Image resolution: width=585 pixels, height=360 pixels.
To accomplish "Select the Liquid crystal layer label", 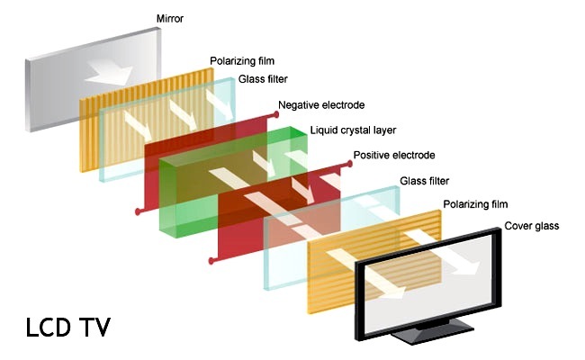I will [x=354, y=130].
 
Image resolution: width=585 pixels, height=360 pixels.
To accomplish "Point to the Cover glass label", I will [x=531, y=226].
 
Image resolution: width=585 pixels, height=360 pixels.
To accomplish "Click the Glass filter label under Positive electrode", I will [x=429, y=181].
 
